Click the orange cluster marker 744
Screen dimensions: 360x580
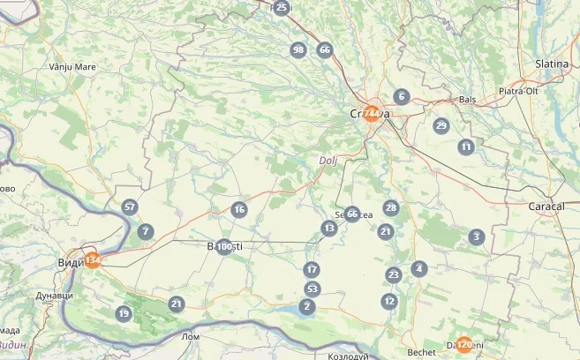pyautogui.click(x=373, y=114)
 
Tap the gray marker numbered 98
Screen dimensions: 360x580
pyautogui.click(x=298, y=49)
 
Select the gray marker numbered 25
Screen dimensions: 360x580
pyautogui.click(x=282, y=8)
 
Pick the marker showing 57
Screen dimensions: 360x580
pyautogui.click(x=131, y=207)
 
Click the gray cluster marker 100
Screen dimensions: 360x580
pyautogui.click(x=224, y=247)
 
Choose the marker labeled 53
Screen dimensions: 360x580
pyautogui.click(x=312, y=289)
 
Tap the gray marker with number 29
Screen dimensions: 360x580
pyautogui.click(x=441, y=125)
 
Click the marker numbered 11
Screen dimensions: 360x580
pyautogui.click(x=466, y=146)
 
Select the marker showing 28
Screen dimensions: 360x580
pyautogui.click(x=391, y=208)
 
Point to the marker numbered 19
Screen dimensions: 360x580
pyautogui.click(x=124, y=313)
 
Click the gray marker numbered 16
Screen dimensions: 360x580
pyautogui.click(x=238, y=209)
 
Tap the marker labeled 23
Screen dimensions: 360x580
pyautogui.click(x=394, y=274)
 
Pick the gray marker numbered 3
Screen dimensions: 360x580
pyautogui.click(x=477, y=236)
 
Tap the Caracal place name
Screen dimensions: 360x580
pyautogui.click(x=546, y=206)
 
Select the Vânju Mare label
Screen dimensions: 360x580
pyautogui.click(x=72, y=66)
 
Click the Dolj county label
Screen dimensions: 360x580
pyautogui.click(x=328, y=161)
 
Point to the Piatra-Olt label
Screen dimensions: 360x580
pyautogui.click(x=519, y=91)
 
